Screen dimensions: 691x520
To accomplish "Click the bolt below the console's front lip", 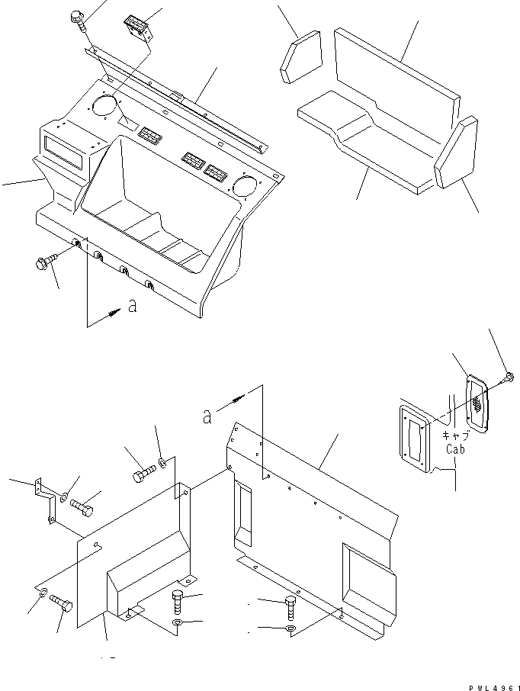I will point(47,261).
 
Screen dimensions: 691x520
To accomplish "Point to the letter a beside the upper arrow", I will point(133,307).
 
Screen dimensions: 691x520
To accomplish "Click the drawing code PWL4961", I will point(492,684).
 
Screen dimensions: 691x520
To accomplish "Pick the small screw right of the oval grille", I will point(508,377).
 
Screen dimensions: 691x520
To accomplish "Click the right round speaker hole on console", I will point(246,184).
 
